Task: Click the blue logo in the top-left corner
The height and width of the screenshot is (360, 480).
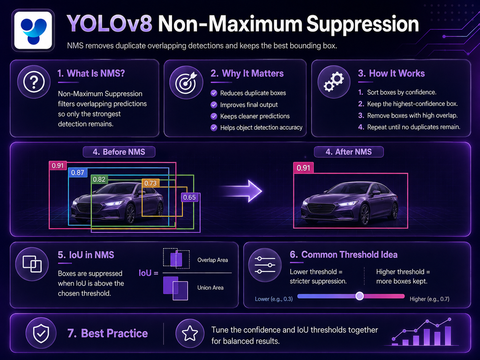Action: (33, 30)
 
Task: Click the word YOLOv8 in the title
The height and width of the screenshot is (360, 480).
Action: (109, 24)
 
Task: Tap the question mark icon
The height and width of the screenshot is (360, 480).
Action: (34, 82)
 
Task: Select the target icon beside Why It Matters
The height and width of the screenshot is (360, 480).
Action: (186, 82)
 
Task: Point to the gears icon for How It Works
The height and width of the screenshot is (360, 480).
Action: (334, 82)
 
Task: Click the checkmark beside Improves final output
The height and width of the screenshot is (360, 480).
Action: (214, 105)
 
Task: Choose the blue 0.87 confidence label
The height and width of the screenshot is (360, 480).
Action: (77, 172)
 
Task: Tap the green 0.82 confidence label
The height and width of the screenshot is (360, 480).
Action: (99, 180)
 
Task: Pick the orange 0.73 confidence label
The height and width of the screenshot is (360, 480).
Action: (150, 183)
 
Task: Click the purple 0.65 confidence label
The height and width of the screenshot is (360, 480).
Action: (189, 197)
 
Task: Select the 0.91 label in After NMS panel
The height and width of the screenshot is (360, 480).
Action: (303, 168)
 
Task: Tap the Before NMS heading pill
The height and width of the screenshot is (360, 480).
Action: (119, 152)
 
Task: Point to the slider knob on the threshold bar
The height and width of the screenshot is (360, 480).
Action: (360, 296)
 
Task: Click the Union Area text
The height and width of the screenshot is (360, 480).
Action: (210, 287)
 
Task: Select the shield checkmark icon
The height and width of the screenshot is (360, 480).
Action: (41, 333)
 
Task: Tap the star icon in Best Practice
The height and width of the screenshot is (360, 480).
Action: (190, 333)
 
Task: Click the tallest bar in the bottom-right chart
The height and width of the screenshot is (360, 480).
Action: (448, 336)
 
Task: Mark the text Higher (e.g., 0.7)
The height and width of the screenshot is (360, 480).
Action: (429, 299)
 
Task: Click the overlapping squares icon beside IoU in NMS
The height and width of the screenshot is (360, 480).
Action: (32, 264)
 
